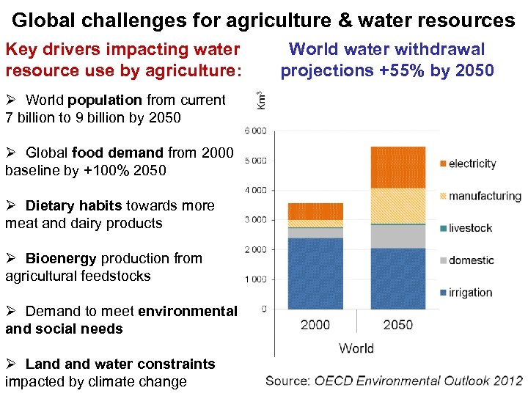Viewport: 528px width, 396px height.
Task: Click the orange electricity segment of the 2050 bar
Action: coord(398,167)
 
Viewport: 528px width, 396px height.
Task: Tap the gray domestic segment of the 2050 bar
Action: coord(398,236)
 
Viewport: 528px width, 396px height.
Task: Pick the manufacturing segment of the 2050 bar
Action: coord(398,206)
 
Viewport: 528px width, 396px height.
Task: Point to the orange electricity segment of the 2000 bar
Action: coord(315,211)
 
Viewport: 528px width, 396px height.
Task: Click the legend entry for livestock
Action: coord(470,228)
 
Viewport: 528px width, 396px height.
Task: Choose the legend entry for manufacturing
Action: coord(485,196)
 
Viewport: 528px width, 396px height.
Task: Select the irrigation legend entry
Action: coord(470,293)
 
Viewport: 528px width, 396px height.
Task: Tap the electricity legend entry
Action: coord(472,164)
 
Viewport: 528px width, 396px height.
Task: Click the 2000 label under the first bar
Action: coord(315,324)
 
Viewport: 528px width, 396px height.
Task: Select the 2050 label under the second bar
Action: coord(397,324)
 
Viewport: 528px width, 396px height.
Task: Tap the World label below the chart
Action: coord(356,348)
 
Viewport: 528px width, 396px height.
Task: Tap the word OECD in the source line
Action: coord(334,381)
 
